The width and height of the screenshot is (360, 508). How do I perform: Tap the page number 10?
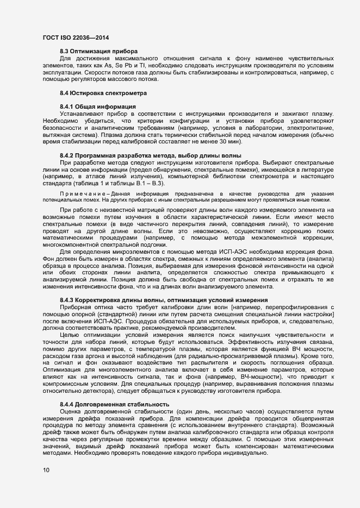tap(46, 470)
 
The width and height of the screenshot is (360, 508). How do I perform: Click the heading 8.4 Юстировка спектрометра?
tap(100, 93)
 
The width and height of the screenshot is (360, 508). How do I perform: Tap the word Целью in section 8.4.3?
tap(69, 335)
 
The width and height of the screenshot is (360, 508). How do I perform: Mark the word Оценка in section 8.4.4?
tap(71, 411)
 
